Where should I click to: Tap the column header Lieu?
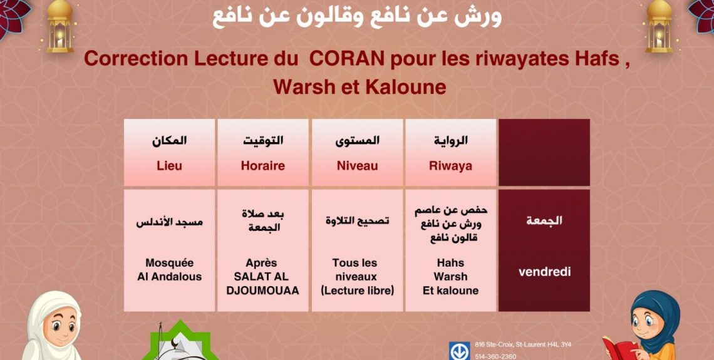169,166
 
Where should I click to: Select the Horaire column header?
263,166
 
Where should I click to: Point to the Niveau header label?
358,166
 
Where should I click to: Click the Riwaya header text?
450,166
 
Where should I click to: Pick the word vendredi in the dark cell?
545,272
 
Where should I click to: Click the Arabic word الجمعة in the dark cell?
545,221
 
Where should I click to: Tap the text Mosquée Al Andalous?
169,269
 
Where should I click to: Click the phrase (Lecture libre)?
358,291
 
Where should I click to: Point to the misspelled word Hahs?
450,262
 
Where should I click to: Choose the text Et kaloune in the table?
450,291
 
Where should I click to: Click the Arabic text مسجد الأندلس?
169,223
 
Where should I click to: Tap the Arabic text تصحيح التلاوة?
358,221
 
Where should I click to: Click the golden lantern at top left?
59,26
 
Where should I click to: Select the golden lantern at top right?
659,26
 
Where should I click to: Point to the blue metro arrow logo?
460,351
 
